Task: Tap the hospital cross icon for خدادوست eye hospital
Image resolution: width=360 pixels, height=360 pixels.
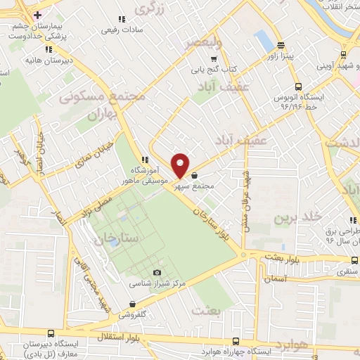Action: coord(38,15)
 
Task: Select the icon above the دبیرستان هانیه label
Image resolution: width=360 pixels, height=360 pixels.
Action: coord(49,49)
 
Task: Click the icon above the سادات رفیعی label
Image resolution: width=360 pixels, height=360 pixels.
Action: coord(122,19)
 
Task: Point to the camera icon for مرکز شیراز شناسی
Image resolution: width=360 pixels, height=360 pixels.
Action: coord(156,273)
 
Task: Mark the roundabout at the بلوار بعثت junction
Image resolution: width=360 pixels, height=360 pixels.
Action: coord(243,255)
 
